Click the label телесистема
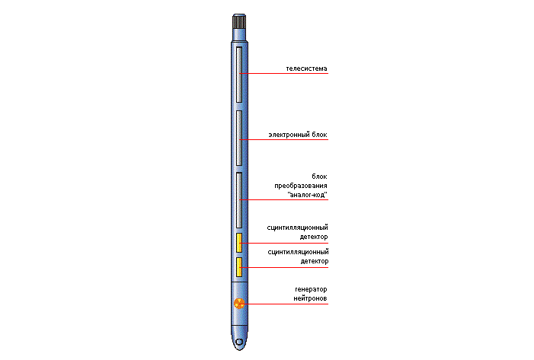pyautogui.click(x=306, y=68)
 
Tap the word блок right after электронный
pyautogui.click(x=319, y=135)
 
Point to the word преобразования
pyautogui.click(x=301, y=186)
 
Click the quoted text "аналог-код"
pyautogui.click(x=308, y=195)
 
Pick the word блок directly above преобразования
pyautogui.click(x=319, y=177)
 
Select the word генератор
pyautogui.click(x=311, y=289)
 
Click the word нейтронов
pyautogui.click(x=310, y=298)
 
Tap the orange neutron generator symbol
pyautogui.click(x=239, y=303)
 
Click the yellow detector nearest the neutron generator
pyautogui.click(x=239, y=267)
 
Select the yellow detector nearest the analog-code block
pyautogui.click(x=239, y=243)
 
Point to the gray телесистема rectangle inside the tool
pyautogui.click(x=239, y=75)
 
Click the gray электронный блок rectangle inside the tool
pyautogui.click(x=239, y=138)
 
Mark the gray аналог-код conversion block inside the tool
pyautogui.click(x=239, y=200)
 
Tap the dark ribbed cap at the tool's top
pyautogui.click(x=239, y=21)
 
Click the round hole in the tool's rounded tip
pyautogui.click(x=239, y=342)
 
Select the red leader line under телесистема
pyautogui.click(x=283, y=73)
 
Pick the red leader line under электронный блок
pyautogui.click(x=283, y=139)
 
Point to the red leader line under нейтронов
pyautogui.click(x=283, y=304)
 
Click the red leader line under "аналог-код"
pyautogui.click(x=283, y=199)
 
